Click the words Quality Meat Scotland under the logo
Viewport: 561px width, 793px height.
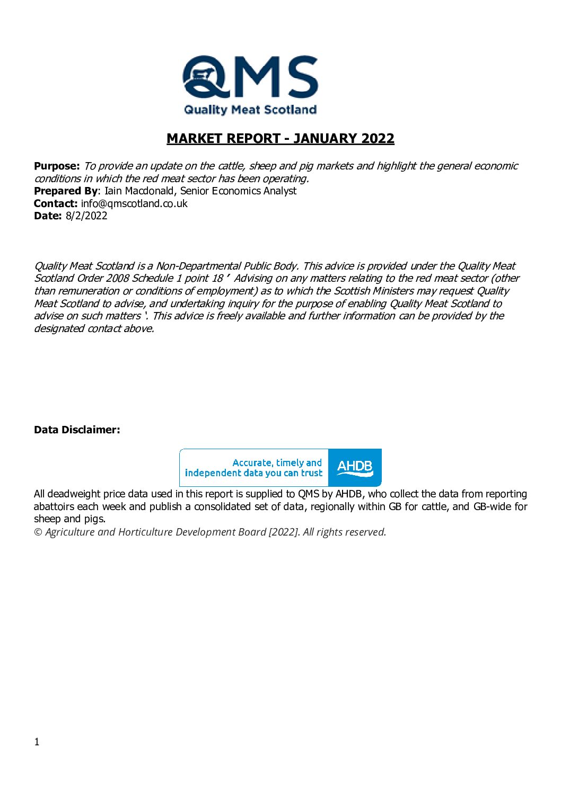click(250, 110)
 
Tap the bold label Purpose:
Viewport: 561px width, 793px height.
click(57, 166)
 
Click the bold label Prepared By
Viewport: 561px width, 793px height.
click(66, 191)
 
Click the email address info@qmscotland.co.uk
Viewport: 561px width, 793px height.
click(134, 203)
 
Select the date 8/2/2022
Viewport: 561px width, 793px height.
click(86, 216)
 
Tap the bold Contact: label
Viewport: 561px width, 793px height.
click(56, 203)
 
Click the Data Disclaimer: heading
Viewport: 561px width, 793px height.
click(77, 430)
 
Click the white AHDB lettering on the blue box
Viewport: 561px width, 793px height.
click(355, 467)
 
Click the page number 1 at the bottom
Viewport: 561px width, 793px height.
click(37, 742)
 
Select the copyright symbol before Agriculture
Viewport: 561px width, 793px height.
click(38, 532)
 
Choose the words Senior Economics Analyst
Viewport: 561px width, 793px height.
click(239, 191)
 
